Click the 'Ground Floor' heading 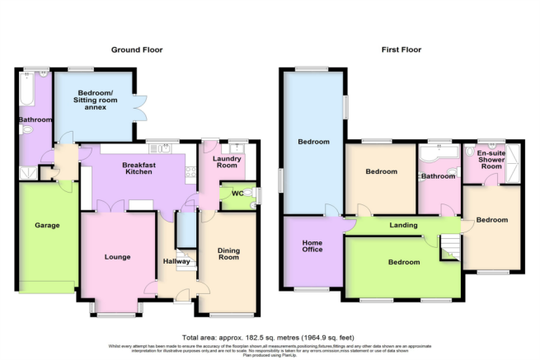[137, 50]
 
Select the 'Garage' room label [47, 225]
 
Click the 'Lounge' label [118, 257]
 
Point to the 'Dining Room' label [228, 253]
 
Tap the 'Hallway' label [176, 261]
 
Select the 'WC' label [225, 194]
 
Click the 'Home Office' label [312, 246]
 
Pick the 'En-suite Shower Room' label [491, 160]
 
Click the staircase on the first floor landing [449, 245]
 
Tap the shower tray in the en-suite [514, 162]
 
